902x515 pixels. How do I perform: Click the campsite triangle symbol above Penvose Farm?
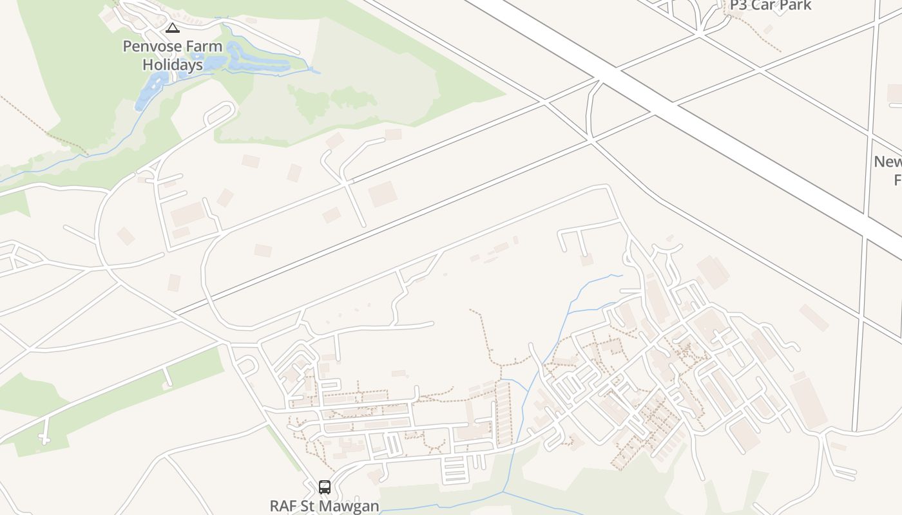pyautogui.click(x=172, y=28)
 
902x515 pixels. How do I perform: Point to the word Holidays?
pyautogui.click(x=172, y=64)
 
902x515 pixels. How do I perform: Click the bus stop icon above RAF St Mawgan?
pyautogui.click(x=325, y=487)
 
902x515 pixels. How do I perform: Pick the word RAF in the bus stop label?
pyautogui.click(x=283, y=506)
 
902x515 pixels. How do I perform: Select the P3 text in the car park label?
pyautogui.click(x=740, y=6)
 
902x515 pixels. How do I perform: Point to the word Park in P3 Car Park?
pyautogui.click(x=797, y=6)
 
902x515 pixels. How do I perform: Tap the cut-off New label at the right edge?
pyautogui.click(x=888, y=162)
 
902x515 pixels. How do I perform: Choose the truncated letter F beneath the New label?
pyautogui.click(x=897, y=179)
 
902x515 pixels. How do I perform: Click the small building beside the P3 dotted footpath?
pyautogui.click(x=768, y=29)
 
